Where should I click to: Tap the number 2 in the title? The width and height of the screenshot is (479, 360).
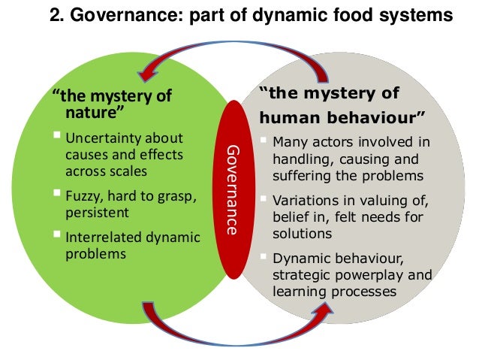(55, 16)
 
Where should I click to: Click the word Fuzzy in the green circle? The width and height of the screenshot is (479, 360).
(85, 197)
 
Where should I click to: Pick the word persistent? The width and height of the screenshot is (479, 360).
(95, 213)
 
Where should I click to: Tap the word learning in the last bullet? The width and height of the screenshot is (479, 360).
(295, 290)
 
